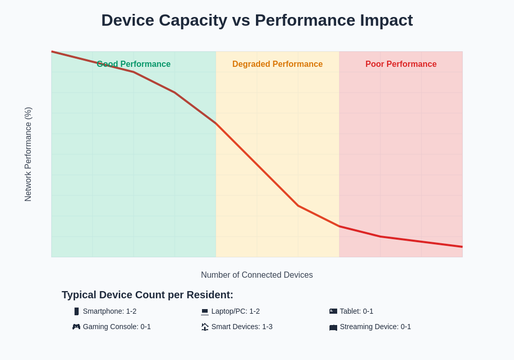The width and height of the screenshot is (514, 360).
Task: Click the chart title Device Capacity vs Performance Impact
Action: click(257, 20)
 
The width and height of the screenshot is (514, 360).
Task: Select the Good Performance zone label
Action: click(134, 64)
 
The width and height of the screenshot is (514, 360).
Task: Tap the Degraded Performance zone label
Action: click(278, 64)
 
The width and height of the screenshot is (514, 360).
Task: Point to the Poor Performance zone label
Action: click(401, 64)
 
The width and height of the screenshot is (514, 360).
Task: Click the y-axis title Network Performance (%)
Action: click(28, 154)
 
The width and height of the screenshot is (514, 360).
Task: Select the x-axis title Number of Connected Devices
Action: click(257, 275)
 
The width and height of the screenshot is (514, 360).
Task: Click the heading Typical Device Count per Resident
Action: click(148, 295)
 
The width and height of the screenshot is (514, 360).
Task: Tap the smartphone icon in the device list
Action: click(77, 311)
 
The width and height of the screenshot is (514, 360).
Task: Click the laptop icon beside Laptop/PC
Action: click(205, 311)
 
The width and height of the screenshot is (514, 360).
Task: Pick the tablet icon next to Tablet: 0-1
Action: click(333, 311)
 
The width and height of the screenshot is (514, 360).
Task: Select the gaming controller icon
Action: click(76, 327)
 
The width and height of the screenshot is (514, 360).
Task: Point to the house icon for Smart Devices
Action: click(205, 327)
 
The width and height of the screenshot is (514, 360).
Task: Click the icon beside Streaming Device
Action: click(333, 327)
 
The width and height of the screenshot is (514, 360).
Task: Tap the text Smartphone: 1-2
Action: click(109, 311)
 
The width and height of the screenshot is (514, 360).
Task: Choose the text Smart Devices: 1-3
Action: click(242, 327)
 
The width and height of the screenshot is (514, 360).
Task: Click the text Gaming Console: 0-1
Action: click(117, 327)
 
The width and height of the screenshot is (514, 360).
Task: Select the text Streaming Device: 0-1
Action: click(375, 327)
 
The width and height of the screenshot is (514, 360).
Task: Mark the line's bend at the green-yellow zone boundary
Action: click(216, 123)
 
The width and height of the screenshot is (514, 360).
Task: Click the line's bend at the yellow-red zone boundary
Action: click(339, 226)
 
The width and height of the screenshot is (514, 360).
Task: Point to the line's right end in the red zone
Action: click(462, 247)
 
